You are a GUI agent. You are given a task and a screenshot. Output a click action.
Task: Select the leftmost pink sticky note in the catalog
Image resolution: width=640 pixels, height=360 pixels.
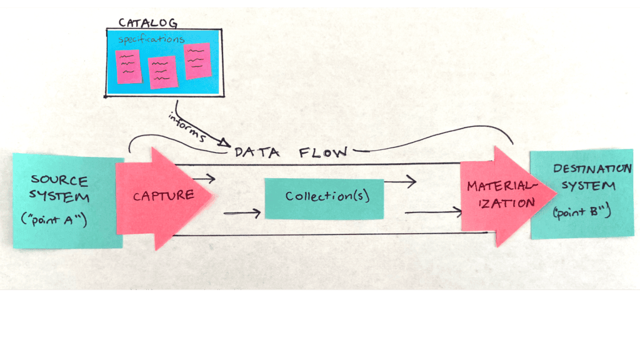[x=129, y=66]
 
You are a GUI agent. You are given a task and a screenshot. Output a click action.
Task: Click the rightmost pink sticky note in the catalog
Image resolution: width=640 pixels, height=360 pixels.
[x=197, y=61]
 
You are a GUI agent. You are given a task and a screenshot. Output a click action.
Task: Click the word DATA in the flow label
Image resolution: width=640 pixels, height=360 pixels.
[x=252, y=152]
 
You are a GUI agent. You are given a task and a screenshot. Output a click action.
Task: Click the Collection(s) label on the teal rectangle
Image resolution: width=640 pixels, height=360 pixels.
[x=324, y=196]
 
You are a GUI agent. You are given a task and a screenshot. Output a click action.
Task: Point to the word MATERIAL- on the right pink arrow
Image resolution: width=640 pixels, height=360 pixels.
[x=499, y=186]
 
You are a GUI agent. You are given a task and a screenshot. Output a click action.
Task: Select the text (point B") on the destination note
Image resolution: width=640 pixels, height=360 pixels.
[x=581, y=212]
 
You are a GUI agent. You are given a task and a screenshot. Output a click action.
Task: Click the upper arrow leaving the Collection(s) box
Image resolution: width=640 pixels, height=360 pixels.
[x=399, y=182]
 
